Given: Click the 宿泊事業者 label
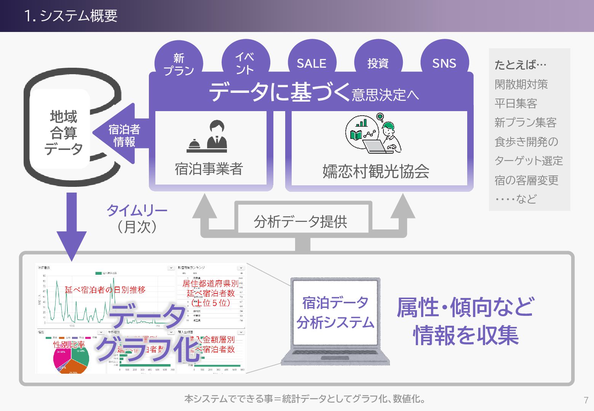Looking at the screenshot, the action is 209,169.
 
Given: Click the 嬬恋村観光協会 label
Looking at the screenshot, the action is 376,171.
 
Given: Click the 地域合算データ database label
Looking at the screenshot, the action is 63,132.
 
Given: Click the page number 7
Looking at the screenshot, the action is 586,400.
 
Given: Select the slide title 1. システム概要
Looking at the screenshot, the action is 71,16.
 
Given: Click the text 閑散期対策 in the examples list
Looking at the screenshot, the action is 521,84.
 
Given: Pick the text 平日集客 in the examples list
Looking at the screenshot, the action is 516,103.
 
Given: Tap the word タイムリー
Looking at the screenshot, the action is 137,210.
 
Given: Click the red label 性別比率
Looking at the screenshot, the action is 69,344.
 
